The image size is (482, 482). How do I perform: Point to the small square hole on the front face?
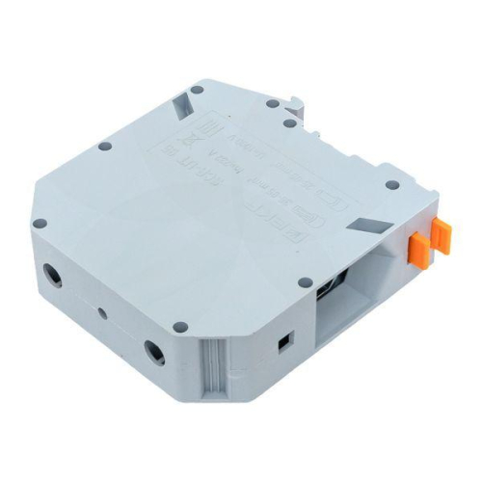coord(282,341)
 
